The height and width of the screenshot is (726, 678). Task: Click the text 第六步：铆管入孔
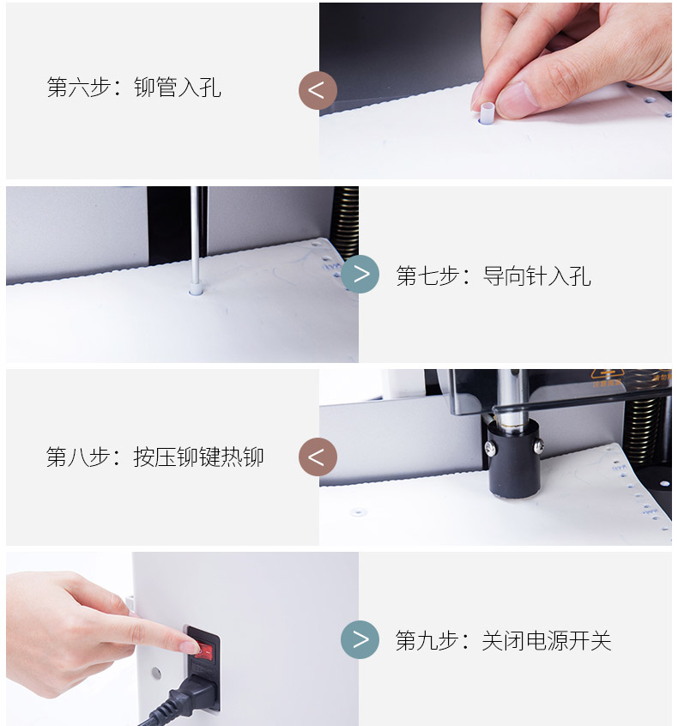coord(134,88)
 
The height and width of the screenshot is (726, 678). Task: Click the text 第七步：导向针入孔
coord(493,276)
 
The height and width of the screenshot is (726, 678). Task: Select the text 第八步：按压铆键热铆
coord(155,457)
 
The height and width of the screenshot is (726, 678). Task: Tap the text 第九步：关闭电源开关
coord(504,641)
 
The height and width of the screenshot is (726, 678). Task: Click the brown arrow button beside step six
coord(318,90)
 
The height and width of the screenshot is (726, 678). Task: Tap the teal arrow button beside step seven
coord(360,274)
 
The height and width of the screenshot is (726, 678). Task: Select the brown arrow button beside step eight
coord(318,457)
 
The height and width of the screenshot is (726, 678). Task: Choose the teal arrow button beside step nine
coord(360,640)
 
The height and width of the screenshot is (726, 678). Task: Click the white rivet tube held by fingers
coord(487,113)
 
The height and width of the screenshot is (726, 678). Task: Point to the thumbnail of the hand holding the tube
coord(495,91)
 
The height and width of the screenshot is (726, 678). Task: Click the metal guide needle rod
coord(196,235)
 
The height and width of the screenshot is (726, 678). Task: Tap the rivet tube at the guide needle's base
coord(196,290)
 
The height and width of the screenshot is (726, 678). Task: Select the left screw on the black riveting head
coord(490,446)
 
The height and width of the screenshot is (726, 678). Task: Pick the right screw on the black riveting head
coord(538,446)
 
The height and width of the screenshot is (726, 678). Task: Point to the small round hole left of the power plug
coord(156,673)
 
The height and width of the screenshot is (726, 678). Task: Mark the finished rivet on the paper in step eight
coord(359,511)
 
